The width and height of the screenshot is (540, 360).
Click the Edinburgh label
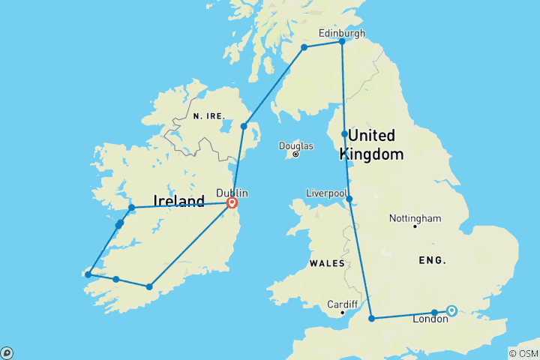(x=342, y=33)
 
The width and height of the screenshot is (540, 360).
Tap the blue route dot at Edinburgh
(x=342, y=41)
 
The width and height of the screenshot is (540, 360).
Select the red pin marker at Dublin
(x=232, y=202)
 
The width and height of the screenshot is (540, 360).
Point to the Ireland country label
(x=178, y=201)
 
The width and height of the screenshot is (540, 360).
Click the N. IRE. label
(x=208, y=116)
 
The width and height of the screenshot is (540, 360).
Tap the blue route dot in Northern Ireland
(x=244, y=126)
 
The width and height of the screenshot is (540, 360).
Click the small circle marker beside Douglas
(x=295, y=154)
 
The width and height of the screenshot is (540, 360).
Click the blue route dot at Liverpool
(x=349, y=199)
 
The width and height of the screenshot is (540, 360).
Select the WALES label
(x=328, y=263)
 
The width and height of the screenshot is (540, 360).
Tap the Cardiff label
(x=341, y=304)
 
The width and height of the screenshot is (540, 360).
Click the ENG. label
(x=433, y=260)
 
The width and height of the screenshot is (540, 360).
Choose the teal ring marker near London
(x=451, y=310)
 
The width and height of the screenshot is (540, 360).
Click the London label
(x=430, y=319)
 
